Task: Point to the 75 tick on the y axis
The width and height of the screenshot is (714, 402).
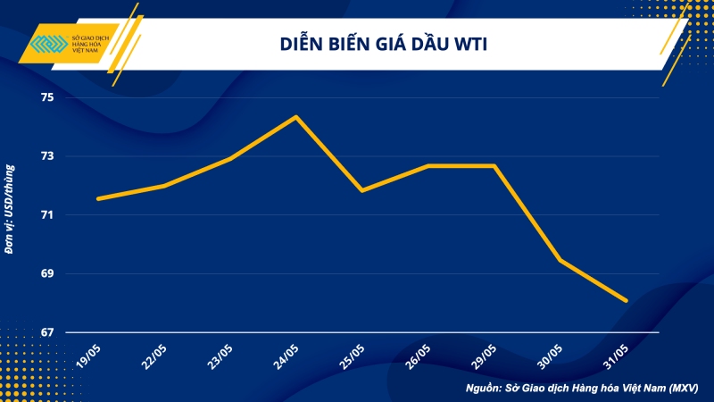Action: [46, 97]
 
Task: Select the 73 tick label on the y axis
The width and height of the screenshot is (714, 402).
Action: [46, 156]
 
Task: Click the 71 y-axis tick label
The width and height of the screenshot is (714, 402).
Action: [46, 215]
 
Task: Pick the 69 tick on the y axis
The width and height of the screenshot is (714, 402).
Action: [46, 273]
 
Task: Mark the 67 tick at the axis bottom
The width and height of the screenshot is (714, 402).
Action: [46, 332]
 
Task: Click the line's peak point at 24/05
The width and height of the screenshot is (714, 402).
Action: [295, 117]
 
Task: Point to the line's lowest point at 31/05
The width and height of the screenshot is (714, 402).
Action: [627, 301]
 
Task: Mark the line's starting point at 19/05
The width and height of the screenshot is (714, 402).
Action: [97, 198]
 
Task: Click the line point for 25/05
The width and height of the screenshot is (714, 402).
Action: [361, 190]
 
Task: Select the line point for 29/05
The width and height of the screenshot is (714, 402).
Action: [494, 166]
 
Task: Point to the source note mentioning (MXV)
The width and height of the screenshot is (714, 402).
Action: [581, 389]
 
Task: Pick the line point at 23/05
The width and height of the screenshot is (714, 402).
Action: [229, 159]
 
